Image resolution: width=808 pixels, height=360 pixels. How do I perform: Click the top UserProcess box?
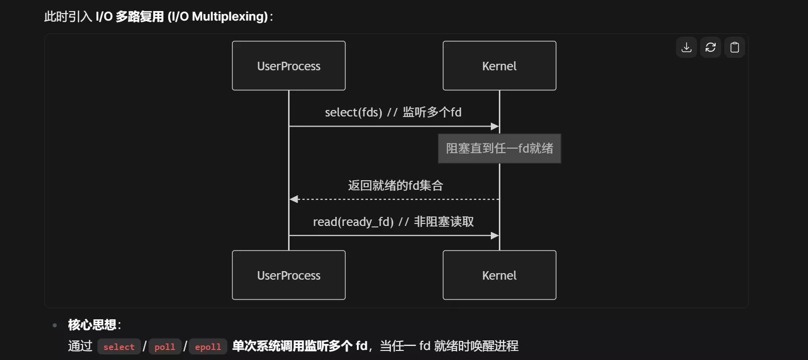click(289, 66)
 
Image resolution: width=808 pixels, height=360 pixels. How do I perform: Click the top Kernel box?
click(499, 66)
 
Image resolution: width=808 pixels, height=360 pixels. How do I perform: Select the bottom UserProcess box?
click(289, 275)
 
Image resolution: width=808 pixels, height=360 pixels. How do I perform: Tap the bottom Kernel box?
click(499, 275)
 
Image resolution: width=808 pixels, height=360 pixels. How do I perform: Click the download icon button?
click(687, 47)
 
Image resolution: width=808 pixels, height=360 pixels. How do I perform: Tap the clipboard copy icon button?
click(735, 47)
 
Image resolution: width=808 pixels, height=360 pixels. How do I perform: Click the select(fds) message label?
click(393, 112)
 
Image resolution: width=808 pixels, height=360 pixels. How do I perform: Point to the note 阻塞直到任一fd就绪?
click(499, 149)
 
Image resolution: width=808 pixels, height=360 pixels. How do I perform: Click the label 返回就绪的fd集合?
click(395, 186)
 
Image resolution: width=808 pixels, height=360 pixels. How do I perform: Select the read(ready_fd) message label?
click(393, 222)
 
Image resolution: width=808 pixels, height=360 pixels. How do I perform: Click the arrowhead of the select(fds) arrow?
click(495, 127)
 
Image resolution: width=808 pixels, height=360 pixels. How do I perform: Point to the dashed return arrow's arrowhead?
click(294, 199)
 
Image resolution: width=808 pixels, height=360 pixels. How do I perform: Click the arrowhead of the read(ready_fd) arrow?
click(495, 235)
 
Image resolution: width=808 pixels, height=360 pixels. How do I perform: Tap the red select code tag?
click(119, 346)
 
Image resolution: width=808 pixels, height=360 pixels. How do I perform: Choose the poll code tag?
click(165, 346)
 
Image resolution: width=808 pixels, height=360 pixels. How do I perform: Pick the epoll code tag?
click(208, 346)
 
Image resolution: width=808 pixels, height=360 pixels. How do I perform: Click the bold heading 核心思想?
click(92, 325)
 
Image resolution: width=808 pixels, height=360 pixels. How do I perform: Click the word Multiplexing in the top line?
click(229, 17)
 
